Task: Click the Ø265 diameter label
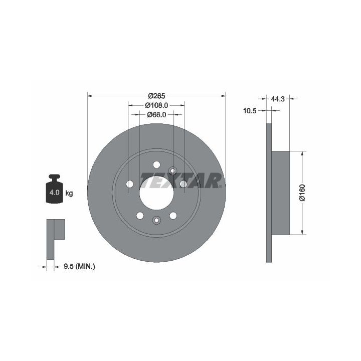[156, 96]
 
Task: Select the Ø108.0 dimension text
[156, 105]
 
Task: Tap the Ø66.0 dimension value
[156, 114]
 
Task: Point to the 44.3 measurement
[278, 99]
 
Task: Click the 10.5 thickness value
[250, 111]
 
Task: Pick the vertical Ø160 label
[302, 193]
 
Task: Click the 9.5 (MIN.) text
[79, 267]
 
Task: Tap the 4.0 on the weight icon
[55, 192]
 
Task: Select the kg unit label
[69, 193]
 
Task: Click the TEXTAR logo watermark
[181, 180]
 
